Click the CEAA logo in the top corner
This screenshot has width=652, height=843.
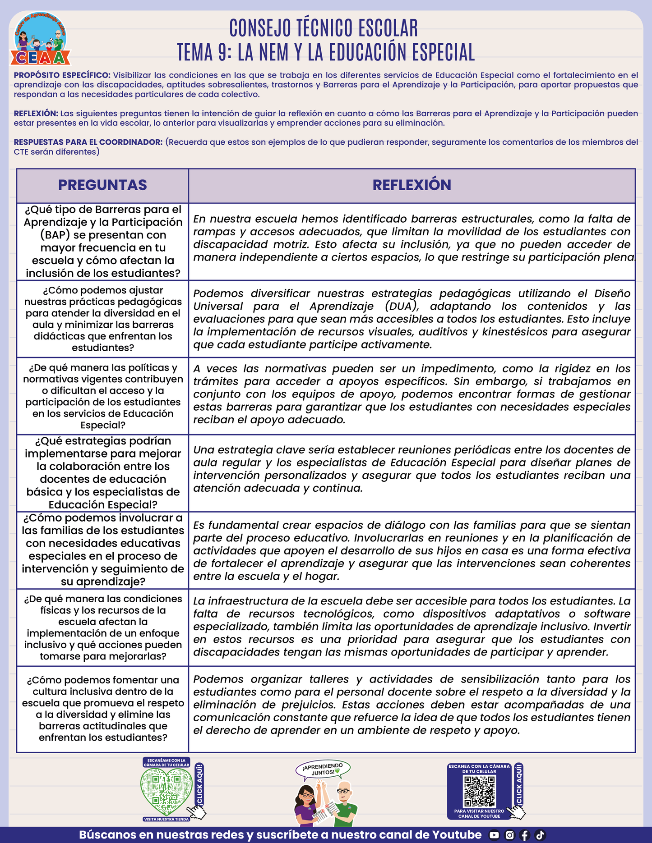pos(41,40)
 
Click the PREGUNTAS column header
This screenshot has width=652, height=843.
pos(102,185)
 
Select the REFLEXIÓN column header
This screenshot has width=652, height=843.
pos(412,185)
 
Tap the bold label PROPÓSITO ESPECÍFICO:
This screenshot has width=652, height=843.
pos(62,75)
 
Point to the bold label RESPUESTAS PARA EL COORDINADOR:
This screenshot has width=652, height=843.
pos(88,142)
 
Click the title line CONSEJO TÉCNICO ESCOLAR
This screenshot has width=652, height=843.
pos(324,28)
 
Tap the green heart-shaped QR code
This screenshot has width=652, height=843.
pos(166,791)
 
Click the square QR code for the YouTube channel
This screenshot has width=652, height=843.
pos(480,792)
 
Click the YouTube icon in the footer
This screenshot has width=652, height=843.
pos(494,835)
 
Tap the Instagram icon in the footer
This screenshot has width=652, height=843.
pos(509,835)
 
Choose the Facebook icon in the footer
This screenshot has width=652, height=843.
pos(525,835)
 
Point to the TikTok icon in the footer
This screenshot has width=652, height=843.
pos(540,835)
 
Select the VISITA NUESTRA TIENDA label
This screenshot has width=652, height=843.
pos(166,819)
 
